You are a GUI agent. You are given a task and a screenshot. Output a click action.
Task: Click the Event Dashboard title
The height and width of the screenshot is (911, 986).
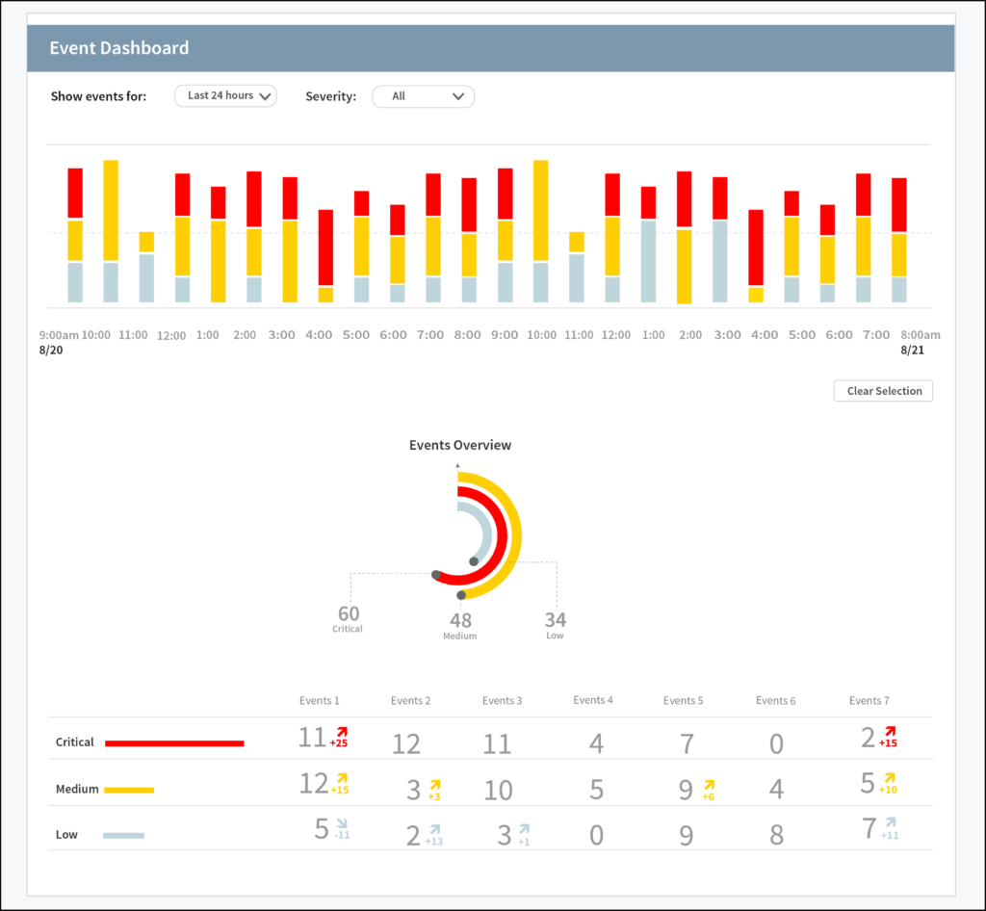[119, 48]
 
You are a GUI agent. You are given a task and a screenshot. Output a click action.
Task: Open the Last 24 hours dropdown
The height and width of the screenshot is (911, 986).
[225, 96]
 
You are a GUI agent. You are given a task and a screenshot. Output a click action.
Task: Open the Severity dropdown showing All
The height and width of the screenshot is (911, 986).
[423, 96]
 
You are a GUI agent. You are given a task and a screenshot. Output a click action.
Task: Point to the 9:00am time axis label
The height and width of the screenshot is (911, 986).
[59, 335]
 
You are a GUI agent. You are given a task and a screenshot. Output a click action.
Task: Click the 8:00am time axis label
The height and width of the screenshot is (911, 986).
[919, 335]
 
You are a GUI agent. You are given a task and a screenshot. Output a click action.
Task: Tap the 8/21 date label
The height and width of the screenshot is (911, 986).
[911, 351]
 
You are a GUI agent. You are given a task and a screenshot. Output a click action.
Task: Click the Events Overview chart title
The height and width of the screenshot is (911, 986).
[460, 445]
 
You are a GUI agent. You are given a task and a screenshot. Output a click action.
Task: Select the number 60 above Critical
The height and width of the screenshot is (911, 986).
[349, 613]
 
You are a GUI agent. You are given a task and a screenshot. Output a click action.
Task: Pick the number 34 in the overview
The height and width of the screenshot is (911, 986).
[555, 619]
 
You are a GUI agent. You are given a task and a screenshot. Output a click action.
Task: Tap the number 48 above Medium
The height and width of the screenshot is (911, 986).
[460, 620]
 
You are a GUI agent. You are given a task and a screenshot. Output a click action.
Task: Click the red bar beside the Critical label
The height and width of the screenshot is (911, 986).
[174, 742]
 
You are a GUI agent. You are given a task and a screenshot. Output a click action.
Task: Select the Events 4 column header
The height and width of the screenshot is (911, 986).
[593, 700]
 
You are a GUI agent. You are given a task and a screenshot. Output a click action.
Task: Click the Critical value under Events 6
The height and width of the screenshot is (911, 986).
[776, 744]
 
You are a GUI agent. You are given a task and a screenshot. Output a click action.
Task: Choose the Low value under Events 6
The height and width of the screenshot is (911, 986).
[776, 834]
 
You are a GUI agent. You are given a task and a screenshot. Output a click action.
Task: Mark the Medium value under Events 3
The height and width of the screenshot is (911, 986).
[498, 791]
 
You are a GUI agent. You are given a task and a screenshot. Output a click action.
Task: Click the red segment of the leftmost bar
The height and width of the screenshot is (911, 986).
[75, 193]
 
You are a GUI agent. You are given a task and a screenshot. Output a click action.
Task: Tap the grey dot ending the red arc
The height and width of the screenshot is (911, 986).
[436, 575]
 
